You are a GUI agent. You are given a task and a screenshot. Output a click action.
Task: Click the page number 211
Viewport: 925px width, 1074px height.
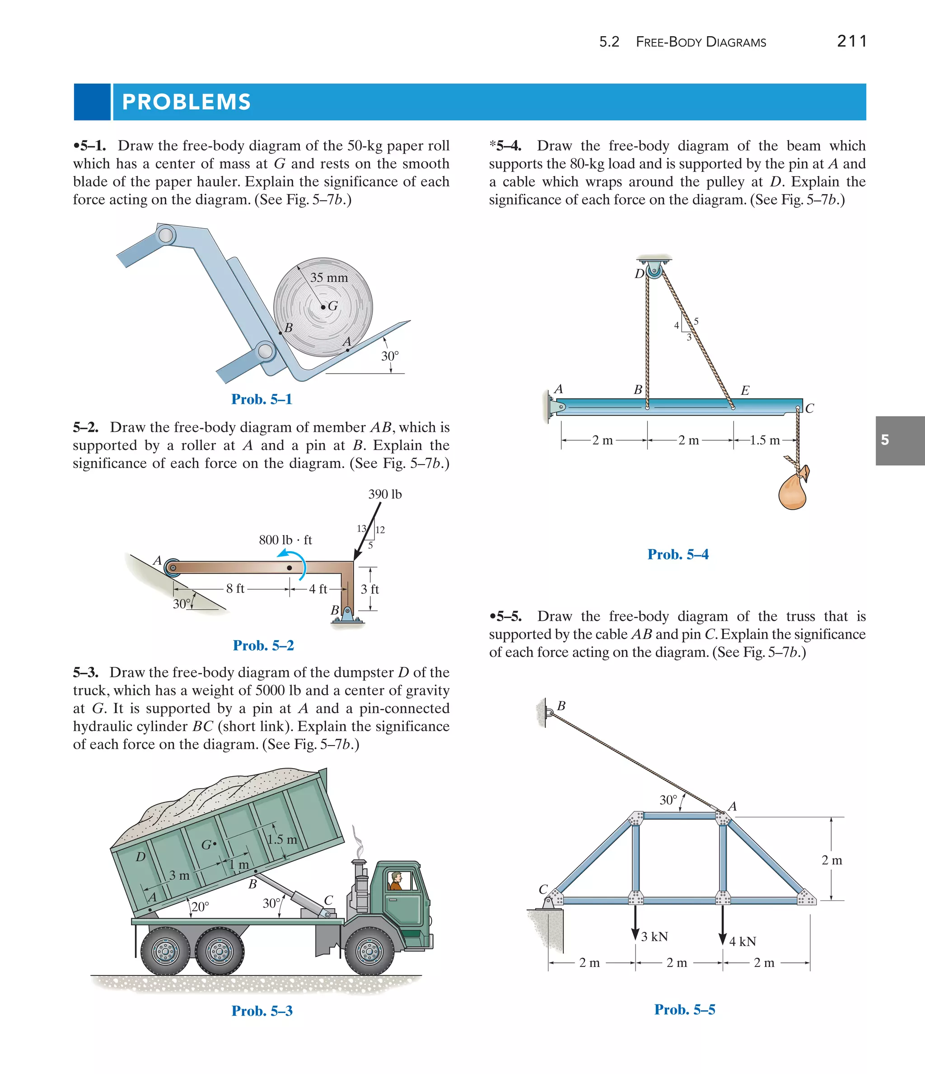851,41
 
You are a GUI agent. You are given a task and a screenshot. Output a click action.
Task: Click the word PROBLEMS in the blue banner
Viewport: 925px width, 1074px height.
186,102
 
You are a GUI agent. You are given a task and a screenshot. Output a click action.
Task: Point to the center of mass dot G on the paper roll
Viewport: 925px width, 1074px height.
323,307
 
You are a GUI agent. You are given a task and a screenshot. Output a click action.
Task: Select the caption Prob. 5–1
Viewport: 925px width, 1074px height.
262,399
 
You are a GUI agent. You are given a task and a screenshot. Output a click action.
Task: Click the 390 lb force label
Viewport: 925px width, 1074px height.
384,494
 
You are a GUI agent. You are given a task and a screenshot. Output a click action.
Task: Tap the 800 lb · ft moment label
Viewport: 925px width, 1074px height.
285,540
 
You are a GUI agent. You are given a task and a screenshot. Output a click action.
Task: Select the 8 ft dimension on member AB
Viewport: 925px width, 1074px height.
235,588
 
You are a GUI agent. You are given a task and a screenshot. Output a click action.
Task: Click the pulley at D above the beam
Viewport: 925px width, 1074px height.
654,271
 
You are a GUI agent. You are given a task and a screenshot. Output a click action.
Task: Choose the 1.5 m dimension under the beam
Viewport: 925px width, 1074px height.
764,441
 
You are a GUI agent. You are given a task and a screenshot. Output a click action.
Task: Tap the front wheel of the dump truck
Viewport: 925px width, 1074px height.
369,952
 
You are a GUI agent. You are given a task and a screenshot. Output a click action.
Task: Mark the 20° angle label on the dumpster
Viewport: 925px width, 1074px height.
200,906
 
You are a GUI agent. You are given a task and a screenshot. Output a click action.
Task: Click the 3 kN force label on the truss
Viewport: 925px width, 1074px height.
654,937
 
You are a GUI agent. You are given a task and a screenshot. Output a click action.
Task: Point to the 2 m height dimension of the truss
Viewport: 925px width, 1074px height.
832,860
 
